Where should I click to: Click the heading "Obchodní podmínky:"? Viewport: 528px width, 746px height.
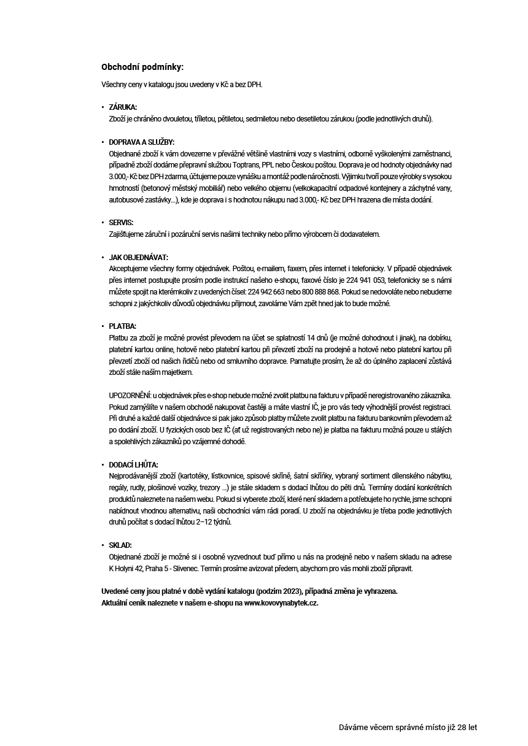pyautogui.click(x=142, y=67)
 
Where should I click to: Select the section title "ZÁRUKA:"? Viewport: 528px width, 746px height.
pyautogui.click(x=123, y=107)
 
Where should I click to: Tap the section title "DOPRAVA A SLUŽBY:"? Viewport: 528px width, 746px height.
pyautogui.click(x=142, y=142)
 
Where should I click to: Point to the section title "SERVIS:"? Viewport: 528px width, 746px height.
pyautogui.click(x=121, y=222)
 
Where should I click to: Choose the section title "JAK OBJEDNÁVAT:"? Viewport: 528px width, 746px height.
pyautogui.click(x=138, y=258)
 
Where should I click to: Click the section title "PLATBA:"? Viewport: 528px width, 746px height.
pyautogui.click(x=122, y=326)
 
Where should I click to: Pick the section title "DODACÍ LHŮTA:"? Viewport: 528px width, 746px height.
pyautogui.click(x=133, y=465)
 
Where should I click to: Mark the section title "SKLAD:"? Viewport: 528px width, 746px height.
pyautogui.click(x=120, y=545)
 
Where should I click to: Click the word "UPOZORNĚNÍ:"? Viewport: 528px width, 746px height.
pyautogui.click(x=129, y=396)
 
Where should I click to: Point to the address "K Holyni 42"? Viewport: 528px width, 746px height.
pyautogui.click(x=128, y=568)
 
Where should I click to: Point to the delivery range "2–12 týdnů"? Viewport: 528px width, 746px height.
pyautogui.click(x=214, y=522)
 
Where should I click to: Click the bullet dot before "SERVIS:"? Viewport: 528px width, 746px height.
pyautogui.click(x=103, y=222)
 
